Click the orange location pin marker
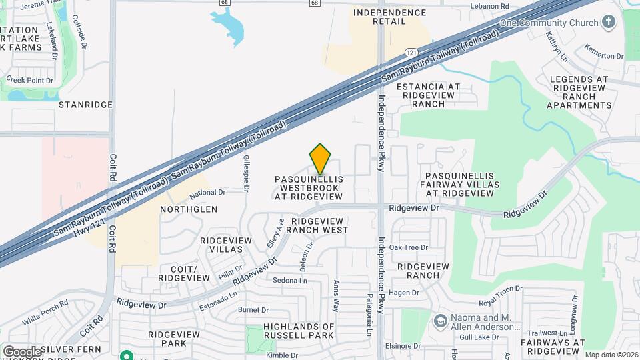(x=321, y=159)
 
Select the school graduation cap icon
(x=440, y=322)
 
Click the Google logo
(x=22, y=351)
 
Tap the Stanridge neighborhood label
(x=83, y=105)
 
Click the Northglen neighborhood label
(x=189, y=209)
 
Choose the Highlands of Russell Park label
(x=289, y=331)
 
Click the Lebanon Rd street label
(x=490, y=6)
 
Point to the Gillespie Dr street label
(x=246, y=172)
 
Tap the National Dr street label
(x=207, y=193)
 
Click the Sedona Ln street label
(x=290, y=281)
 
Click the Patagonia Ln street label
(x=368, y=315)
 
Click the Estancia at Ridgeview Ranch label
(x=428, y=95)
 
